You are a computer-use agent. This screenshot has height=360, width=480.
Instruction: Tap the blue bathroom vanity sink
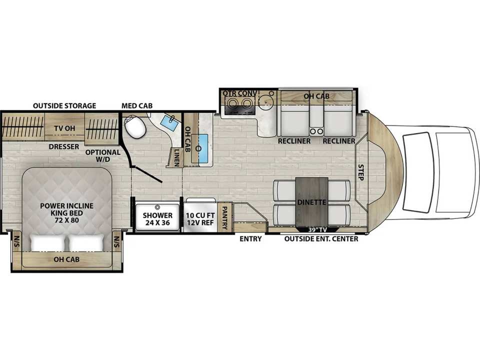168,123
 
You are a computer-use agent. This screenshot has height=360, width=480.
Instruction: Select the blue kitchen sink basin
199,148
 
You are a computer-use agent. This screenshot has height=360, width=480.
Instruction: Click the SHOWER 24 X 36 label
157,219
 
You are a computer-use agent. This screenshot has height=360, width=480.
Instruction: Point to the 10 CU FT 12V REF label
200,219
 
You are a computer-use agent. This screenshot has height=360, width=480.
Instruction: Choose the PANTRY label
224,217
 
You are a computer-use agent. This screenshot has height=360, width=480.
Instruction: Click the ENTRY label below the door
250,239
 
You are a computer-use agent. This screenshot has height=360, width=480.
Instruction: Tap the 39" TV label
317,230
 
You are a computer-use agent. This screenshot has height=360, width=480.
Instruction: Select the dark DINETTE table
311,202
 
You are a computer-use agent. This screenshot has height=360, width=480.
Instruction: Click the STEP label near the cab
361,172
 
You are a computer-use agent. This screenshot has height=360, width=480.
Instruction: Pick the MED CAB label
137,106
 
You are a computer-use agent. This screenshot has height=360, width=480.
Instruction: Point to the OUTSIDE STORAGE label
64,106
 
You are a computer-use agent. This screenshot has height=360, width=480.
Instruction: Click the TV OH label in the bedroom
64,128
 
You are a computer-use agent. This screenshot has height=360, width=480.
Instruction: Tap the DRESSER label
63,147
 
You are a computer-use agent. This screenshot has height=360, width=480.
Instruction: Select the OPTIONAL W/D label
103,156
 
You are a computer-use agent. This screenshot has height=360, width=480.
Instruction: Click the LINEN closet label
176,157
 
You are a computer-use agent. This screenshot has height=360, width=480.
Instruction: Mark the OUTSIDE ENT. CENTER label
321,239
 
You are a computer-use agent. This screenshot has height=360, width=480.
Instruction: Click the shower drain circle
158,206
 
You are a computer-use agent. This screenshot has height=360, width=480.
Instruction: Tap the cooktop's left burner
233,104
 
